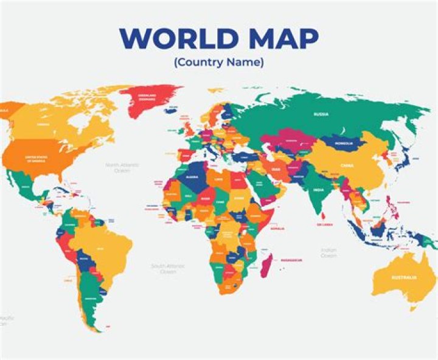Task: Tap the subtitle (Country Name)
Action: pos(218,62)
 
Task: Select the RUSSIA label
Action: pos(321,114)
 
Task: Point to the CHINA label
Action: pos(347,164)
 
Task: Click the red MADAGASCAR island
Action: pos(266,265)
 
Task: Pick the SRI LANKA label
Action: pos(324,224)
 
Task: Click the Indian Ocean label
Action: pos(328,252)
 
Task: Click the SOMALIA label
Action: pos(277,229)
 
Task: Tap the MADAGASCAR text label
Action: pos(291,260)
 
